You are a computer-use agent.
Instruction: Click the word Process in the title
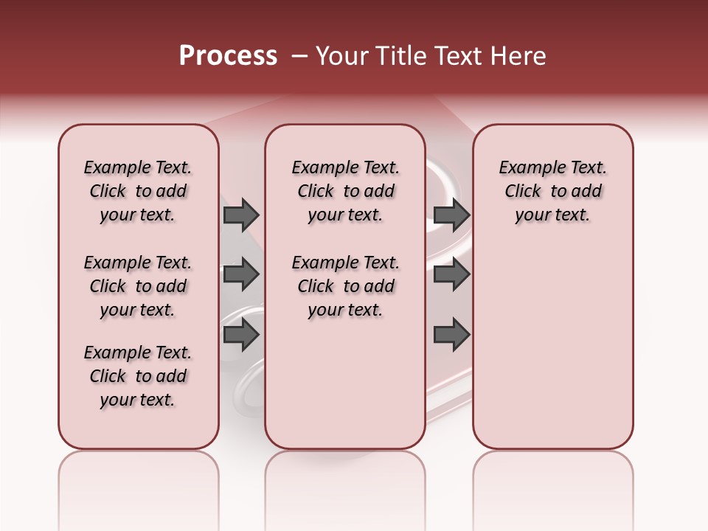228,56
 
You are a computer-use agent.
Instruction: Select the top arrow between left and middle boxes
241,215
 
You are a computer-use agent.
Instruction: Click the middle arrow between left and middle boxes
241,274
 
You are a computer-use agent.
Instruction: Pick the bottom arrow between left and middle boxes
241,336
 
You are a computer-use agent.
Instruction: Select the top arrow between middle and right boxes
452,215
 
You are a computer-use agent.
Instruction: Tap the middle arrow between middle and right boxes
452,274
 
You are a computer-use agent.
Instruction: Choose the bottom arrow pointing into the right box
452,336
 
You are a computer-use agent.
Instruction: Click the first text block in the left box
138,191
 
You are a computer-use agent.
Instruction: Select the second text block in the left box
138,286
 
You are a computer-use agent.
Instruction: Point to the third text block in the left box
138,376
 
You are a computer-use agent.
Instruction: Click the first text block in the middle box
345,191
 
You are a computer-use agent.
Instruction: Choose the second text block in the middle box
345,286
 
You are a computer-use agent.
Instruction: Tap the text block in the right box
552,191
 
